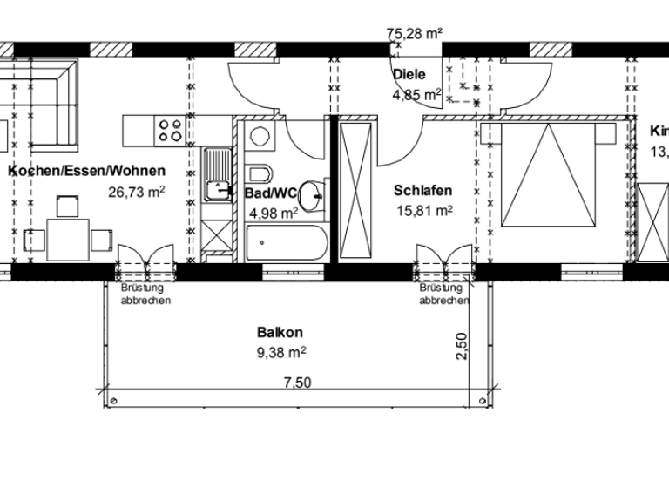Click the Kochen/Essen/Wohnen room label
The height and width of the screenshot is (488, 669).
[x=85, y=172]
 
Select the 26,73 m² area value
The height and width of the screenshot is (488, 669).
[x=137, y=191]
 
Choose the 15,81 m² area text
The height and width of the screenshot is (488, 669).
[x=425, y=210]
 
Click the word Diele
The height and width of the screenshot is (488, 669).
[x=409, y=75]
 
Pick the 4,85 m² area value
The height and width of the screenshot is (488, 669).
[x=417, y=94]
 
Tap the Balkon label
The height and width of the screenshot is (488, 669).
[x=280, y=332]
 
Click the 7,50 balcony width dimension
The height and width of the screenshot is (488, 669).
[x=298, y=382]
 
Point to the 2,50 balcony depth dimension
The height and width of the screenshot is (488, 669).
[x=463, y=345]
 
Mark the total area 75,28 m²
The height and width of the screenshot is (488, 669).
[x=415, y=34]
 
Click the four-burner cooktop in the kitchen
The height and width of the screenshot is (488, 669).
[x=170, y=130]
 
